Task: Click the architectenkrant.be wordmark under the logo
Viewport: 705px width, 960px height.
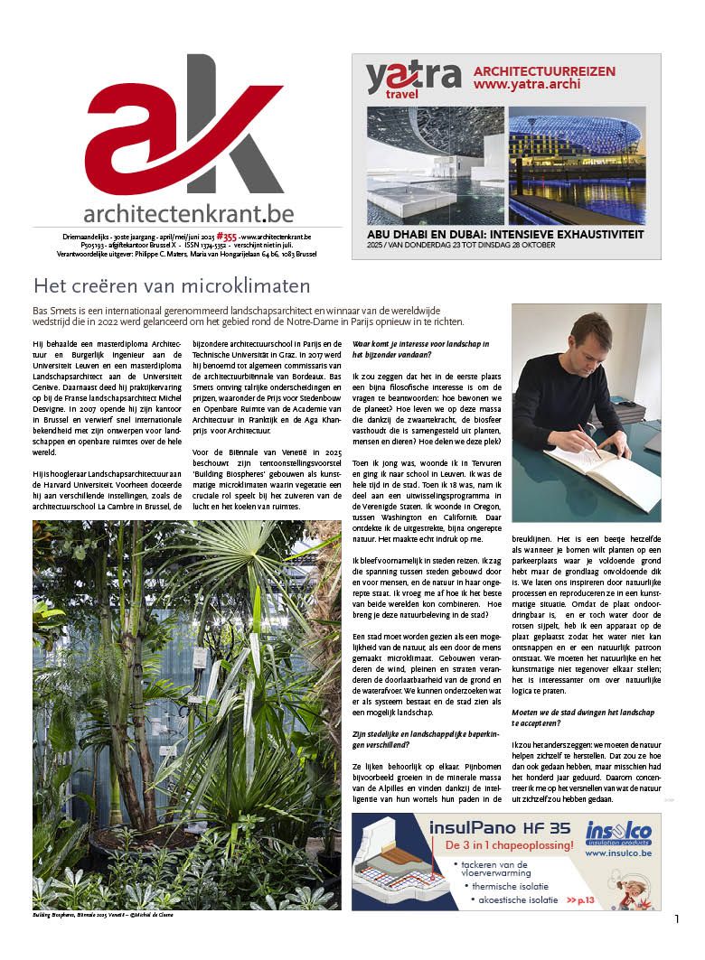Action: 188,213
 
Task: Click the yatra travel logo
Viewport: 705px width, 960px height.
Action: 412,79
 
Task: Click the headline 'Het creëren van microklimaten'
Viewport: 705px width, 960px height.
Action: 172,286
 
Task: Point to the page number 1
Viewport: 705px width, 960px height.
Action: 676,919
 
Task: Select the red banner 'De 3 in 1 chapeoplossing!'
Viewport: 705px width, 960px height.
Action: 509,846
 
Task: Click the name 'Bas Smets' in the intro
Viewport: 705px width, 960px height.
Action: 52,311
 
